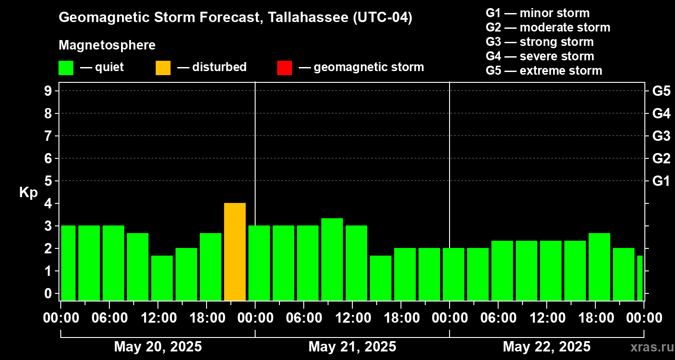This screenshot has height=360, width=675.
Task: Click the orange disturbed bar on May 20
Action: click(235, 252)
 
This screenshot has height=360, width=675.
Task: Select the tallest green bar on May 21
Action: click(332, 259)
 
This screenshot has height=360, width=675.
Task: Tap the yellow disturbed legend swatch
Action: click(163, 67)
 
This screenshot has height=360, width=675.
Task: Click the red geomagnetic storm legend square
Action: click(284, 67)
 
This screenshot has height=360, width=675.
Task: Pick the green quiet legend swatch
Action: click(66, 67)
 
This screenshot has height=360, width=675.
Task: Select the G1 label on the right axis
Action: click(661, 181)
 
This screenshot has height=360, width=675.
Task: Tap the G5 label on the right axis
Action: click(661, 91)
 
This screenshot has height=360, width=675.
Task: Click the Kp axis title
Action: click(28, 193)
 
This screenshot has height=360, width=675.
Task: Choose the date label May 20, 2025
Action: click(158, 347)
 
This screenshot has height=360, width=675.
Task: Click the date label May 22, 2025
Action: click(546, 347)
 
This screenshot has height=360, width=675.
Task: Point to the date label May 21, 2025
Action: click(352, 347)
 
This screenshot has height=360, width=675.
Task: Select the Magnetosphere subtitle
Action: click(107, 45)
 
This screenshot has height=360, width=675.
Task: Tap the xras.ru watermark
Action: click(650, 347)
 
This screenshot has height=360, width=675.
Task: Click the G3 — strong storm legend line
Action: click(540, 42)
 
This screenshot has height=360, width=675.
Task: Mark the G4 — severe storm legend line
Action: click(540, 56)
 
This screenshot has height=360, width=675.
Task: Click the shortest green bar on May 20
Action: click(162, 278)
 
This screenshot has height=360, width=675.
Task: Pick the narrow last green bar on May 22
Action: click(640, 278)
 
